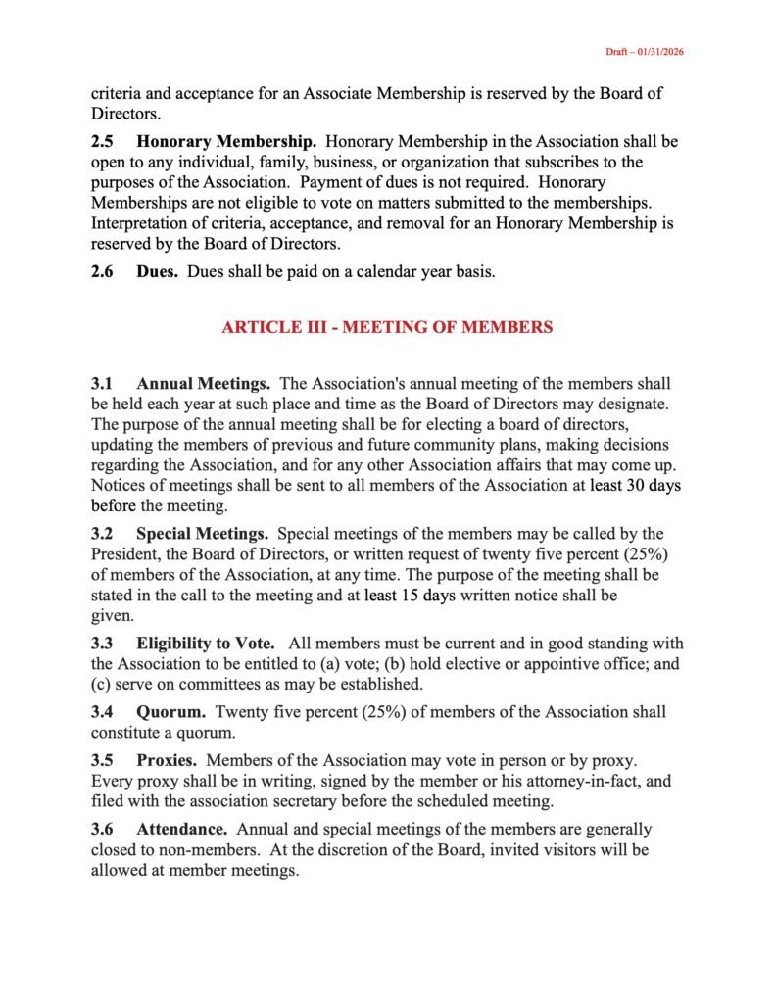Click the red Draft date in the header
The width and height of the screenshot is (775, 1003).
point(643,52)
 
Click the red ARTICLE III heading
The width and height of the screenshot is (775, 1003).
point(387,327)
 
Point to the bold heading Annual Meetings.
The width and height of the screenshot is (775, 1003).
point(204,383)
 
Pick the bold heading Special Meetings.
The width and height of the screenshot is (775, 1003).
point(203,534)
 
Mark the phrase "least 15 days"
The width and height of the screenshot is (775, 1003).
point(410,596)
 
